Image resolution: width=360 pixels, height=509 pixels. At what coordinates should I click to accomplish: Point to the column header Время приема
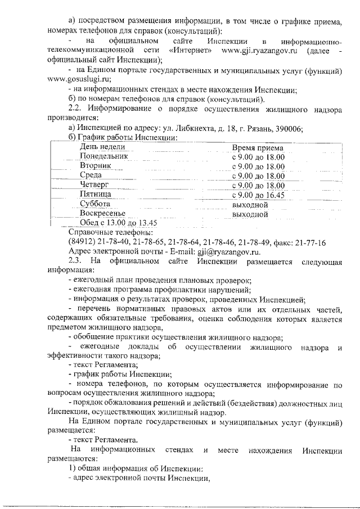point(258,148)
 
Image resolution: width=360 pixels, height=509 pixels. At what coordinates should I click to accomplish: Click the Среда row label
point(91,175)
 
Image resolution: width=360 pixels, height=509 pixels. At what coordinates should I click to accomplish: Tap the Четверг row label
point(94,185)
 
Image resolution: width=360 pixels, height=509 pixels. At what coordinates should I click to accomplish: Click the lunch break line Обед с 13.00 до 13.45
point(112,223)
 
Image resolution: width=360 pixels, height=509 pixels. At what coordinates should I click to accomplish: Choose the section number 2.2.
point(75,108)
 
